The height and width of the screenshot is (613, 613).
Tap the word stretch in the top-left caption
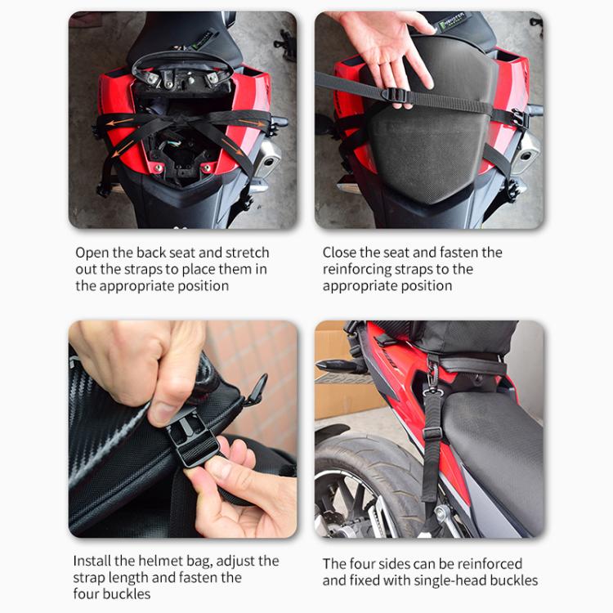coord(246,253)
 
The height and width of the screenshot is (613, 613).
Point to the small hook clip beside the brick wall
coord(255,384)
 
